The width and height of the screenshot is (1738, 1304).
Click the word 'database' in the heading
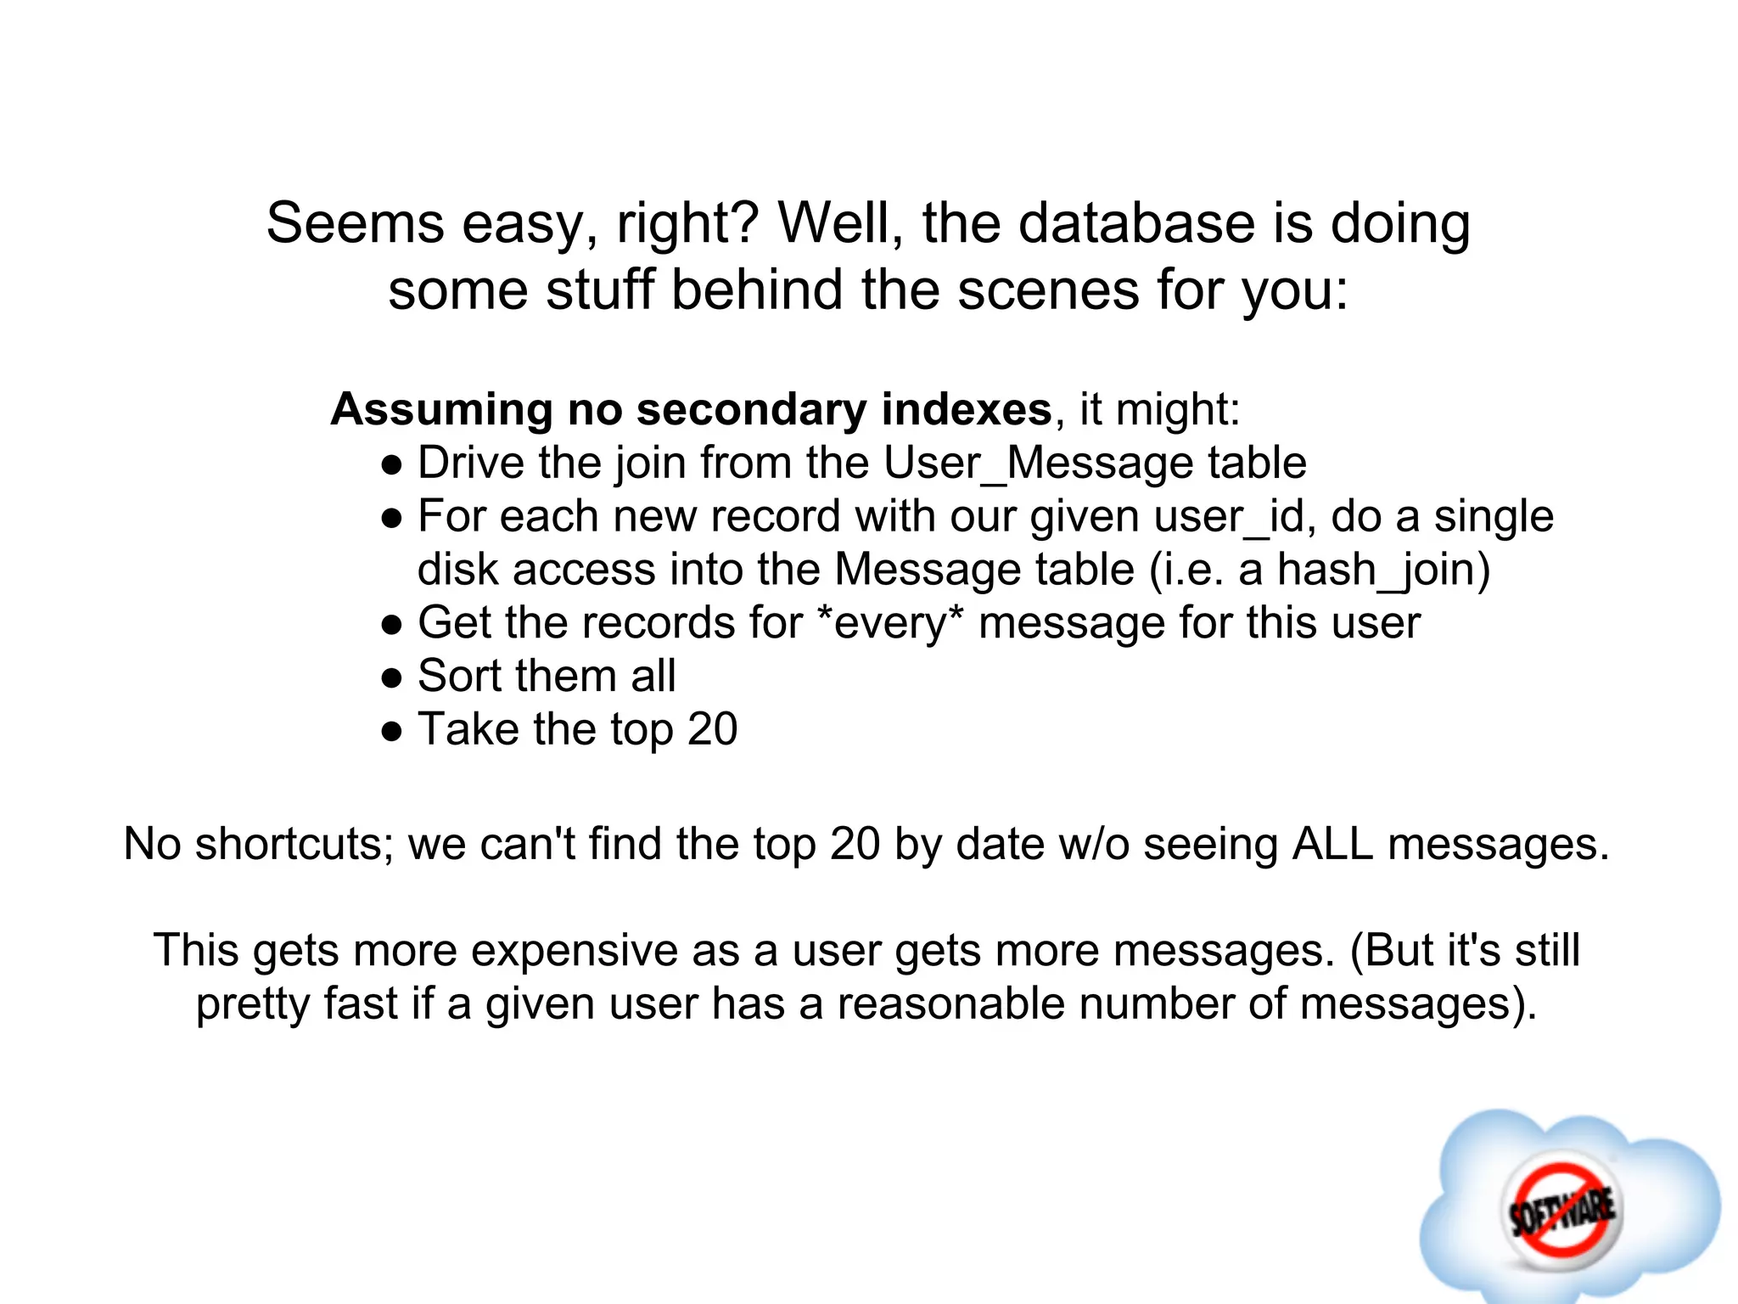[x=1136, y=223]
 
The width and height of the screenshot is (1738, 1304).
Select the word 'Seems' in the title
[x=355, y=223]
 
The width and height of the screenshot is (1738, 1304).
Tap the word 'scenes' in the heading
[x=1048, y=289]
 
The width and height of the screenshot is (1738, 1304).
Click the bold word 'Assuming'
[x=441, y=409]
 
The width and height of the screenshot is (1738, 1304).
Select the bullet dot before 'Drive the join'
[x=391, y=465]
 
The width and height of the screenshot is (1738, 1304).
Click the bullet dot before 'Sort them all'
[x=391, y=678]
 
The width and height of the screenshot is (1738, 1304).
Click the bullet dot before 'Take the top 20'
[x=391, y=732]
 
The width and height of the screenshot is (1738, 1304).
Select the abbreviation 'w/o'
[x=1102, y=844]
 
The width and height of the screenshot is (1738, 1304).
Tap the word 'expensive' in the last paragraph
[x=575, y=950]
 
